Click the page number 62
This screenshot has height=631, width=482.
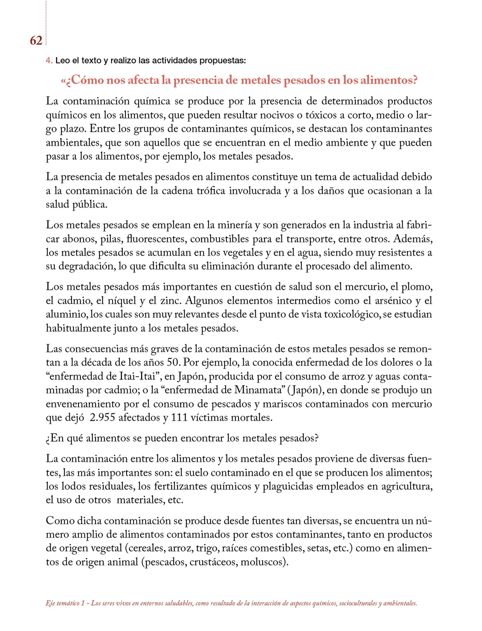point(36,41)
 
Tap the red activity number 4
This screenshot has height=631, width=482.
point(49,61)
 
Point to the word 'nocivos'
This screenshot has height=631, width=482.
point(276,115)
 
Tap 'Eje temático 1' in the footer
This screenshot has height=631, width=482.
point(65,603)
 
